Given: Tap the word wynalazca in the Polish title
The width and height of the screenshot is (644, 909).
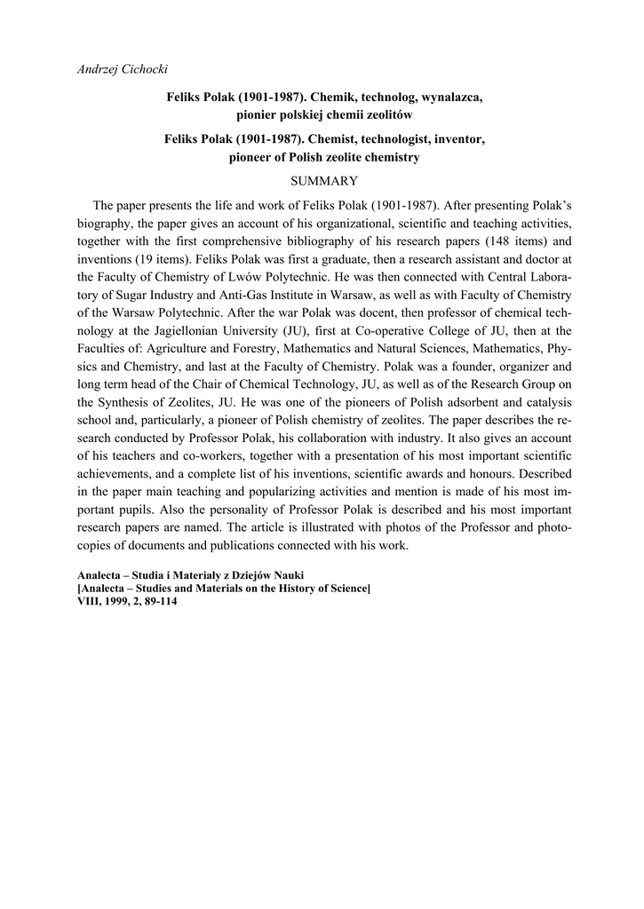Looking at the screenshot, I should pos(449,96).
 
